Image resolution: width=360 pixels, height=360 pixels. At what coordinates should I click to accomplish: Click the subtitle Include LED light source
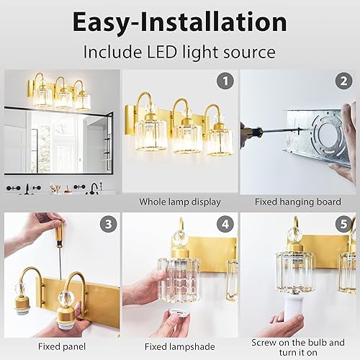pyautogui.click(x=179, y=53)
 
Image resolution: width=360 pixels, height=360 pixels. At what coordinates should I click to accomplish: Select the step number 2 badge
pyautogui.click(x=343, y=82)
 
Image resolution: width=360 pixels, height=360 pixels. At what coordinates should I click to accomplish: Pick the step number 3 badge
pyautogui.click(x=108, y=224)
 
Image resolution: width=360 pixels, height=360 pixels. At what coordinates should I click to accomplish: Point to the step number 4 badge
pyautogui.click(x=226, y=224)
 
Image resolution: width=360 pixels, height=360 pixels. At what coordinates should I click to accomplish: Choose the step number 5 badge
pyautogui.click(x=343, y=224)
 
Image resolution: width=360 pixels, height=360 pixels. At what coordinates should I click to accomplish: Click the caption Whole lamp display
pyautogui.click(x=179, y=202)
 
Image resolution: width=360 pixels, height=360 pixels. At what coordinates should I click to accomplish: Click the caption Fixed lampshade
pyautogui.click(x=179, y=344)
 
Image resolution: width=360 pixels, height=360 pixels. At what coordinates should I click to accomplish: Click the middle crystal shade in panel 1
pyautogui.click(x=187, y=135)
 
